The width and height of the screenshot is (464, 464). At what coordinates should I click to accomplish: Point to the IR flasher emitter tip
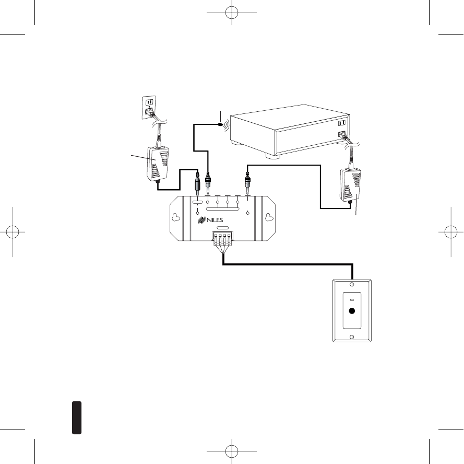(222, 124)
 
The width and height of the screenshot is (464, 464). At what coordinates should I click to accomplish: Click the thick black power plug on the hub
(198, 184)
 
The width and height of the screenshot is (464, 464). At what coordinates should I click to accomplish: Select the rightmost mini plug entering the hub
(247, 184)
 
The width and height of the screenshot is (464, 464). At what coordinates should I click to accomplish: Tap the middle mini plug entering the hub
(208, 184)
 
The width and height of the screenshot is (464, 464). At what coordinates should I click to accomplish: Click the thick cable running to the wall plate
(287, 264)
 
